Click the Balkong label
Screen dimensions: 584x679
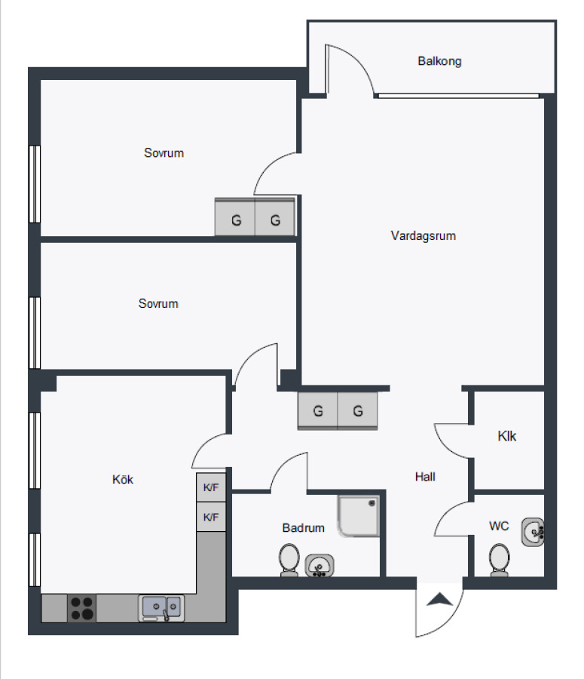click(x=439, y=61)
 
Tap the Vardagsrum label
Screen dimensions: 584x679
click(x=423, y=235)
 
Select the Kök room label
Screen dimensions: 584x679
click(x=122, y=479)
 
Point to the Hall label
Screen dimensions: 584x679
click(x=425, y=477)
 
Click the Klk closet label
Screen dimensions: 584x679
click(x=506, y=435)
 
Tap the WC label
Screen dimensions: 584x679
click(x=499, y=526)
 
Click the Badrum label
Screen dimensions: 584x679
click(x=303, y=528)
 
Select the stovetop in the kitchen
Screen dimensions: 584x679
click(x=81, y=608)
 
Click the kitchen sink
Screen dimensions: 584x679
click(x=161, y=608)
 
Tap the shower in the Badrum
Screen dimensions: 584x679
click(x=359, y=516)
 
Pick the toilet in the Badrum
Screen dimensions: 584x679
click(x=289, y=560)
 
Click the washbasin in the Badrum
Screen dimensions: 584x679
click(x=320, y=566)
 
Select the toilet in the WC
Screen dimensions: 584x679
click(x=499, y=560)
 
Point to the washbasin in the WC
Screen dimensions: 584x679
click(x=533, y=532)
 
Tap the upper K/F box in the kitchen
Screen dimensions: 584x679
click(x=211, y=487)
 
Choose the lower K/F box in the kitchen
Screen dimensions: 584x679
click(x=211, y=517)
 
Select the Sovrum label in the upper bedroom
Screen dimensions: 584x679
click(x=164, y=153)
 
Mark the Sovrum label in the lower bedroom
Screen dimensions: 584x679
click(x=158, y=303)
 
